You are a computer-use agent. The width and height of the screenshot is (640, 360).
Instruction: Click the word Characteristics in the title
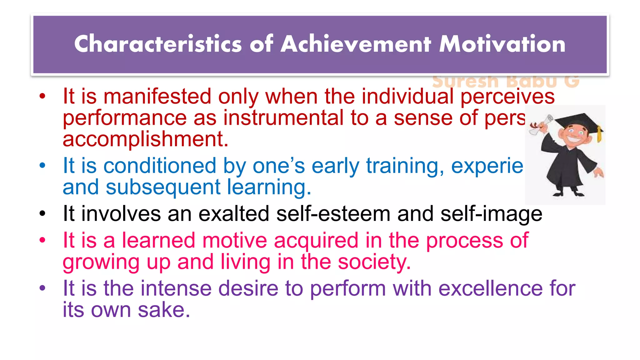pos(158,44)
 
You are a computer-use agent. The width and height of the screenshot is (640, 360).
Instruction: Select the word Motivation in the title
pos(502,44)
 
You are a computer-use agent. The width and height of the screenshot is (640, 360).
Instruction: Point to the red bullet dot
pos(42,96)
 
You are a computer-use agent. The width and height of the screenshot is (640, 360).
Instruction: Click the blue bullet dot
pos(42,165)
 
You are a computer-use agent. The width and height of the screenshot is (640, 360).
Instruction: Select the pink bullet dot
pos(42,240)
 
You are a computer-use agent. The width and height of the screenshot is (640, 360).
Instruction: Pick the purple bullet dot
pos(42,288)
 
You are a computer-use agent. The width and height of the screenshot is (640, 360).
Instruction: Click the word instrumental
pos(283,118)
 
